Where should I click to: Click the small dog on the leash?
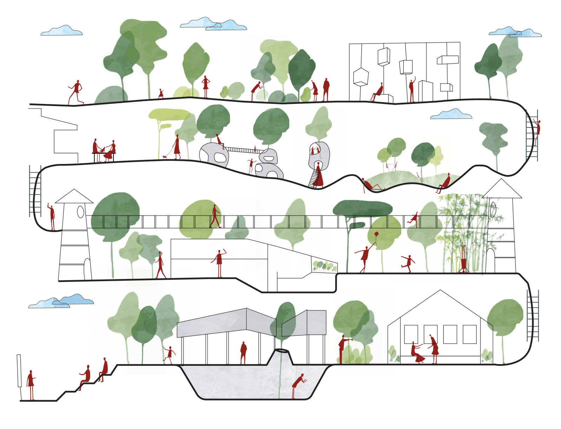coord(165,157)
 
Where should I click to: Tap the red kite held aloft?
coord(376,234)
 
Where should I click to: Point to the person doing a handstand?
coord(464,260)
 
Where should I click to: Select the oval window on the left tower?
coord(80,212)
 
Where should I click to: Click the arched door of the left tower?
coord(87,269)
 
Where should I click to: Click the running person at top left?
coord(76,92)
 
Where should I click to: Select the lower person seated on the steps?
coord(85,377)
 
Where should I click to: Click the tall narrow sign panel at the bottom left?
coord(19,370)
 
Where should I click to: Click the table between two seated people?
coord(104,154)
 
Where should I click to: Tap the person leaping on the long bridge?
coord(414,219)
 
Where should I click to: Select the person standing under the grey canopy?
coord(243,352)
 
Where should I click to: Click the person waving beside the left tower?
coord(52,216)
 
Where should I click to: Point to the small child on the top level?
coord(161,93)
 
